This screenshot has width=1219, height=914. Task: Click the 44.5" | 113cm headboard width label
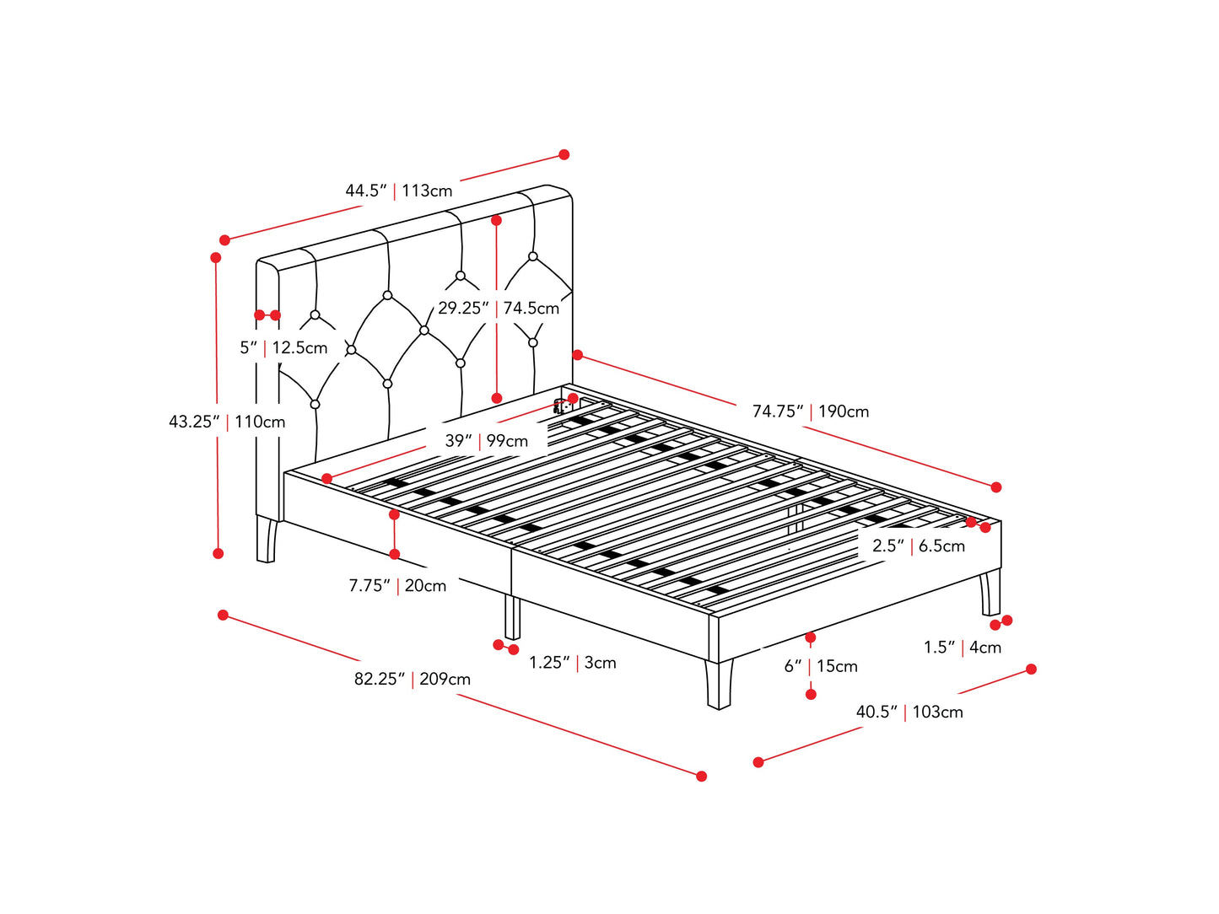click(x=398, y=191)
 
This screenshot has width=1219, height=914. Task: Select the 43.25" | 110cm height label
click(x=227, y=422)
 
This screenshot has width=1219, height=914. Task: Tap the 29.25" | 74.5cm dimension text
click(x=498, y=309)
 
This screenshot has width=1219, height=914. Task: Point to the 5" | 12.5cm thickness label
click(x=283, y=347)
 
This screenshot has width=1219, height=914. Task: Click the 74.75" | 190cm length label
click(x=810, y=411)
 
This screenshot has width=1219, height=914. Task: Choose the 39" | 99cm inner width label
click(x=486, y=441)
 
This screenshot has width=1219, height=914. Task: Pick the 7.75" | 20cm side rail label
click(x=397, y=585)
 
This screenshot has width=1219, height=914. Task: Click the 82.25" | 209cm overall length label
click(x=412, y=679)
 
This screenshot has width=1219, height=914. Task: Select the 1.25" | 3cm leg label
click(x=572, y=663)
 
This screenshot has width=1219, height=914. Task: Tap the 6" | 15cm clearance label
click(x=820, y=666)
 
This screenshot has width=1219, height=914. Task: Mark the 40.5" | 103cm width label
click(x=909, y=712)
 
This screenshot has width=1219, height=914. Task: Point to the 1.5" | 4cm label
click(x=962, y=648)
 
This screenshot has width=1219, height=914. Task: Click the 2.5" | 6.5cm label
click(x=918, y=546)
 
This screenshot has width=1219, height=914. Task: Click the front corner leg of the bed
click(x=719, y=683)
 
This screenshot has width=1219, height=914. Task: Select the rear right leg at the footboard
click(x=990, y=593)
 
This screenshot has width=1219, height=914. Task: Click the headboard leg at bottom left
click(x=266, y=540)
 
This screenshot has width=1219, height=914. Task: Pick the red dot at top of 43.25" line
click(x=216, y=257)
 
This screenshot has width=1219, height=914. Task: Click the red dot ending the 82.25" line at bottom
click(x=701, y=776)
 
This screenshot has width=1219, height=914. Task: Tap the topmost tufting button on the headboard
click(x=533, y=256)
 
